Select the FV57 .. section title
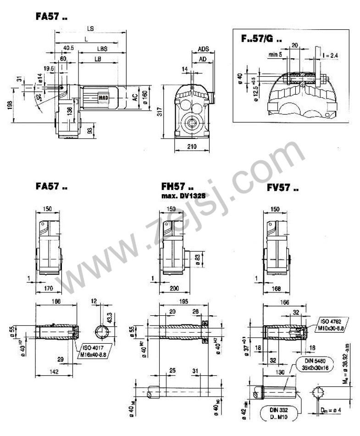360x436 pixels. tap(283, 189)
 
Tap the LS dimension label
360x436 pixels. tap(90, 28)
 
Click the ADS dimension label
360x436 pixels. tap(204, 49)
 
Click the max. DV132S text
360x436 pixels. tap(182, 196)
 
